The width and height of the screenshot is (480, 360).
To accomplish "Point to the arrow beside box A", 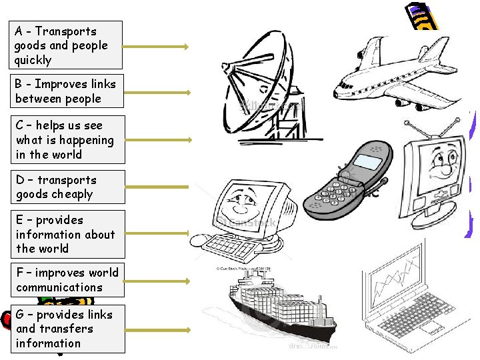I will (x=157, y=47).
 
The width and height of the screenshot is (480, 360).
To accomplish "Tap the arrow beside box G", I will (x=157, y=329).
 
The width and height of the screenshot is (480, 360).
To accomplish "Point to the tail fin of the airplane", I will (x=436, y=51).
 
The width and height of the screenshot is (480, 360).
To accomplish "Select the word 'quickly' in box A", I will (x=33, y=60).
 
